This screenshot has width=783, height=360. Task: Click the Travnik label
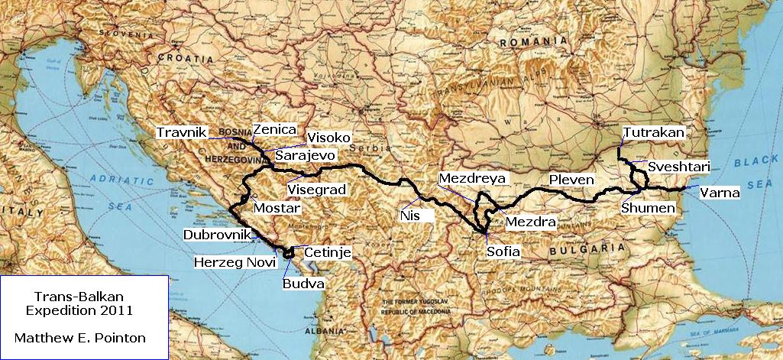pyautogui.click(x=182, y=133)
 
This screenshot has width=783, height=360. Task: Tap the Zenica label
pyautogui.click(x=274, y=130)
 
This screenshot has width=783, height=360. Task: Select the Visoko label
pyautogui.click(x=328, y=138)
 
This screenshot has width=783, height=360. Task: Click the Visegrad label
pyautogui.click(x=316, y=190)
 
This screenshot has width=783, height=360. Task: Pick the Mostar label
pyautogui.click(x=275, y=208)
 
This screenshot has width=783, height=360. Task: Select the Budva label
pyautogui.click(x=303, y=284)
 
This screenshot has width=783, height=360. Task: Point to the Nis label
pyautogui.click(x=410, y=216)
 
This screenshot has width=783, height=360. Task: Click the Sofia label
pyautogui.click(x=503, y=251)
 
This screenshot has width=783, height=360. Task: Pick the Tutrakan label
pyautogui.click(x=654, y=132)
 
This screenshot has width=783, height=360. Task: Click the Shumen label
pyautogui.click(x=648, y=208)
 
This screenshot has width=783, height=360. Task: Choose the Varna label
pyautogui.click(x=720, y=193)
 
